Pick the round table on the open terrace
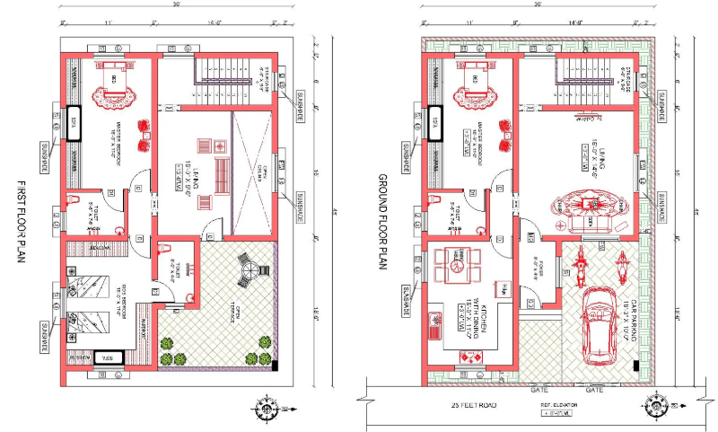click(246, 266)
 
